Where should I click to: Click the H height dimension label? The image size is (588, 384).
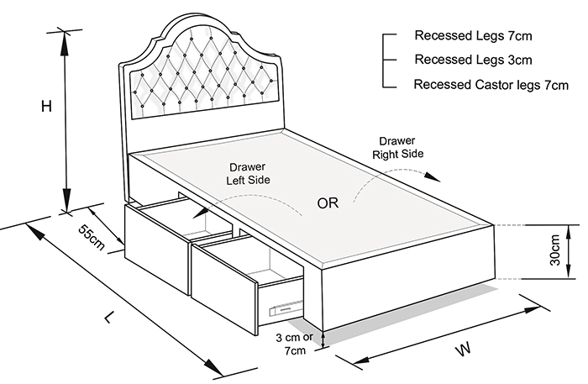(46, 107)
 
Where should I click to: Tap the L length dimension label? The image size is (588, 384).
(108, 318)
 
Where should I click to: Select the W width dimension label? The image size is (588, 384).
(463, 349)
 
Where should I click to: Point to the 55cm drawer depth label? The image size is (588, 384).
(92, 238)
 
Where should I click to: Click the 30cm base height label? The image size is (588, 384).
(554, 250)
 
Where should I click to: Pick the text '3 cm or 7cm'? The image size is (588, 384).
(295, 344)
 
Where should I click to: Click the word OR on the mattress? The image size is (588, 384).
(328, 203)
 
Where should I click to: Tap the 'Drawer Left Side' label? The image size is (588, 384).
(248, 174)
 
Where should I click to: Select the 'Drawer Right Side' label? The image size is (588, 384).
(397, 147)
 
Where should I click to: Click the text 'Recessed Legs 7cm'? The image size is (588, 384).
(473, 35)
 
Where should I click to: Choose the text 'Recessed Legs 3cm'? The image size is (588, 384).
(473, 60)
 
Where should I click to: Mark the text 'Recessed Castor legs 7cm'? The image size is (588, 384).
(491, 85)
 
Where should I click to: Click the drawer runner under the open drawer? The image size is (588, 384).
(286, 308)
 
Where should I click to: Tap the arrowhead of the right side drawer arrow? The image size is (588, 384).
(433, 177)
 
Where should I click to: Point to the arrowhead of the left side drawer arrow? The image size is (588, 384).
(200, 213)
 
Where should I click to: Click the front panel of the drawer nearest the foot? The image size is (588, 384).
(224, 289)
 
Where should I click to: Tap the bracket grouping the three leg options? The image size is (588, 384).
(388, 60)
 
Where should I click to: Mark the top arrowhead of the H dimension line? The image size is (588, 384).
(65, 43)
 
